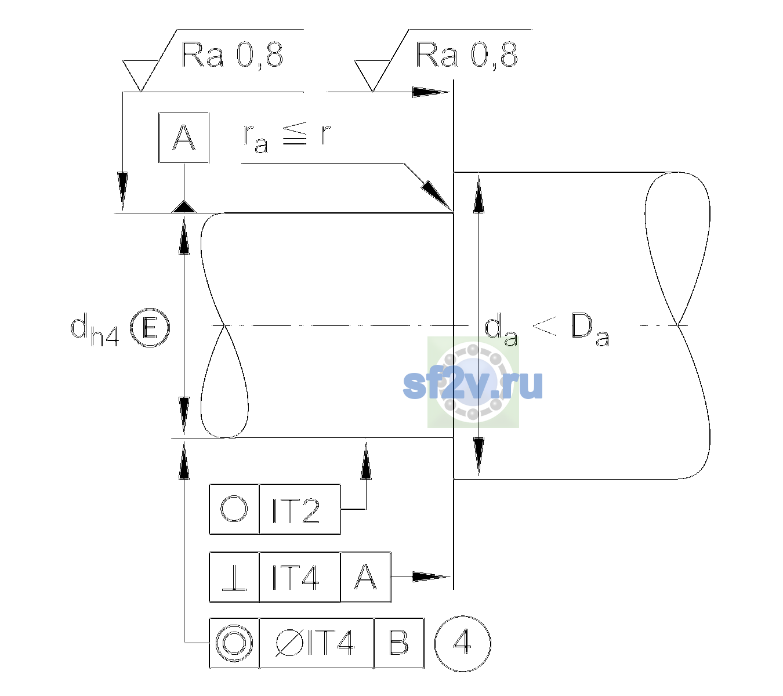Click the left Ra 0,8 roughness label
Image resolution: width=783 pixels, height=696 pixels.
[x=232, y=55]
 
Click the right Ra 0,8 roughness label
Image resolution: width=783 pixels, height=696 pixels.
[x=466, y=55]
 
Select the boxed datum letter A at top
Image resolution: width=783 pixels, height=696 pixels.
[x=184, y=137]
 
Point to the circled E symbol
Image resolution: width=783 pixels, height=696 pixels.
[x=150, y=327]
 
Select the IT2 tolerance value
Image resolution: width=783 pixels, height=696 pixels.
[x=296, y=510]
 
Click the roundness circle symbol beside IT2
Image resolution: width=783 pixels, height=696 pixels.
[x=234, y=509]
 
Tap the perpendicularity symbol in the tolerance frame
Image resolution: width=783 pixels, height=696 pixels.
[x=234, y=578]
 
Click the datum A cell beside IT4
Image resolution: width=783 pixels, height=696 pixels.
[x=365, y=577]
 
